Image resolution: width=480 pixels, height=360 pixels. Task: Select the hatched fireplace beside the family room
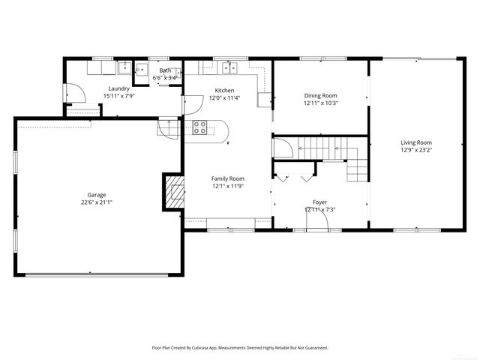(174, 192)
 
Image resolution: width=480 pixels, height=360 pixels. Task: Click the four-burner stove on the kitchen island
(200, 127)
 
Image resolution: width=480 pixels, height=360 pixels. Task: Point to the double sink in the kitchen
(226, 68)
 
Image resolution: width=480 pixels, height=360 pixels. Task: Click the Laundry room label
(98, 88)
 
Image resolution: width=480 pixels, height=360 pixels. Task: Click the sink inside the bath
(140, 72)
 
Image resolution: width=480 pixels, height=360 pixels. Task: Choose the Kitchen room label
(225, 90)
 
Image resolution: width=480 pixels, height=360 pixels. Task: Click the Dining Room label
(320, 95)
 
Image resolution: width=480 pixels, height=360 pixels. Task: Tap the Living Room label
(415, 142)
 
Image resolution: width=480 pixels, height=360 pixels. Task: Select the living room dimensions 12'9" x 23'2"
(415, 149)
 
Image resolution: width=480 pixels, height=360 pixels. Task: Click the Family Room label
(228, 178)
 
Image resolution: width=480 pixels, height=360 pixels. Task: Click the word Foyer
(320, 202)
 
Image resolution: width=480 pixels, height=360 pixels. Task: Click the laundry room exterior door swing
(73, 93)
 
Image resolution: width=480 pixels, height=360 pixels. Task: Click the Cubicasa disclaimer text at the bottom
(240, 348)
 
